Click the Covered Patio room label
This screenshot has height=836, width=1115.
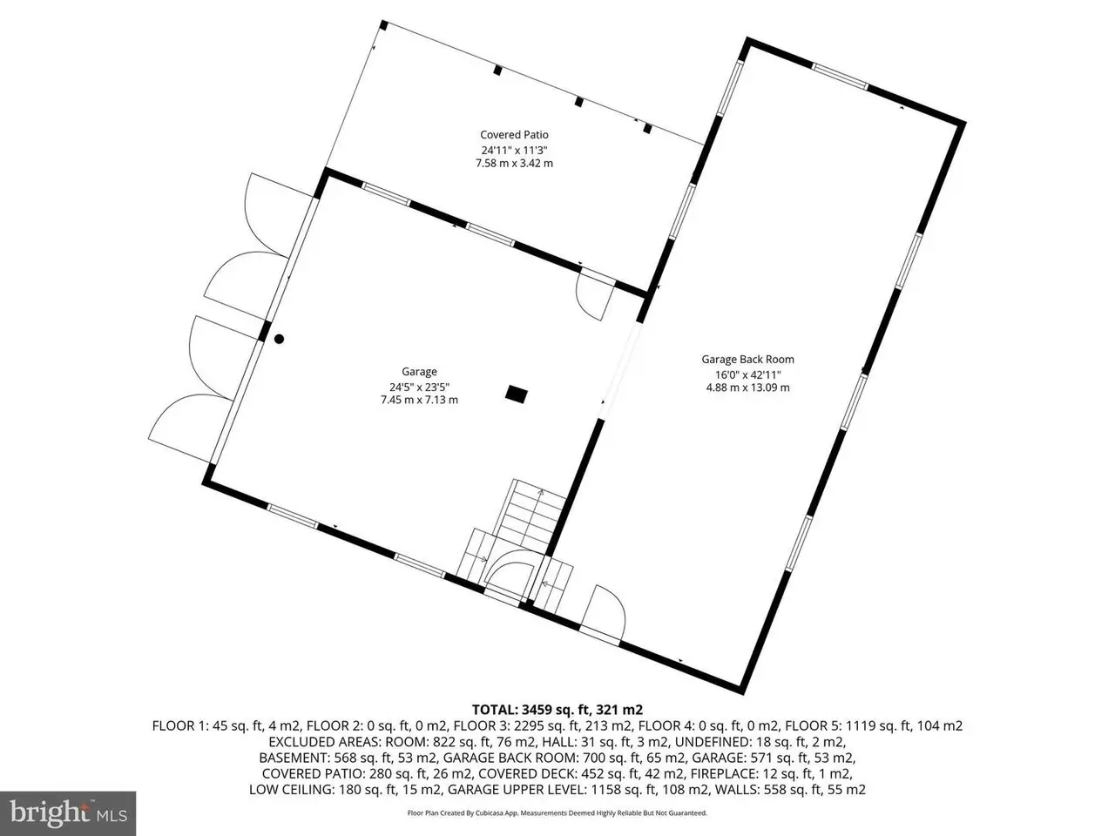tap(514, 134)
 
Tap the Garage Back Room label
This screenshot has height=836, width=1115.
tap(747, 360)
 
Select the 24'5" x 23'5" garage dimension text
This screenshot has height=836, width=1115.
tap(419, 387)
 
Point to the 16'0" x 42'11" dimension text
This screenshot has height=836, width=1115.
tap(747, 375)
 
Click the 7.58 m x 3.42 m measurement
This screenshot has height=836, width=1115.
tap(514, 164)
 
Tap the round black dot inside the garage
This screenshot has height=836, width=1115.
tap(279, 339)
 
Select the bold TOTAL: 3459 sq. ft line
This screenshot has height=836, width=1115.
tap(557, 710)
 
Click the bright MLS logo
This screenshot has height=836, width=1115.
tap(68, 813)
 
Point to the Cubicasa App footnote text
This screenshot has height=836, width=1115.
tap(557, 813)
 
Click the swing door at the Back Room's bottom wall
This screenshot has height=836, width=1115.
tap(603, 616)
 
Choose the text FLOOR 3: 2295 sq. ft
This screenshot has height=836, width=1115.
tap(524, 726)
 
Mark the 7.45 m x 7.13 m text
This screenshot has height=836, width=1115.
tap(419, 400)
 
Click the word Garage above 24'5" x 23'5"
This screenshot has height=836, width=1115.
tap(419, 372)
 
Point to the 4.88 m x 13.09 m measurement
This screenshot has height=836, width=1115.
tap(747, 388)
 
